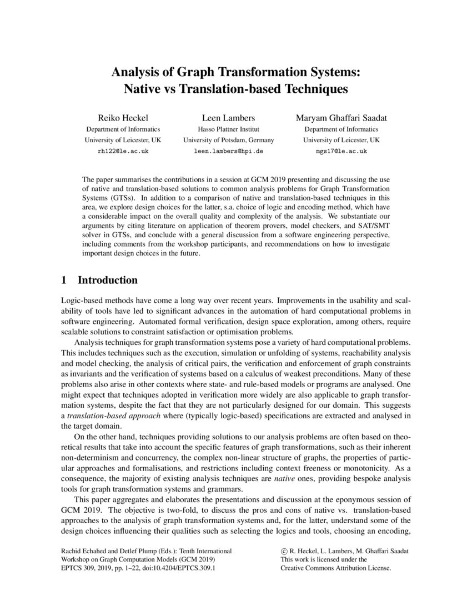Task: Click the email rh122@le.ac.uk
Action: pyautogui.click(x=123, y=151)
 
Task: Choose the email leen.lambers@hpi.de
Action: pyautogui.click(x=228, y=151)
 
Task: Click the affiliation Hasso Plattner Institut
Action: pyautogui.click(x=228, y=129)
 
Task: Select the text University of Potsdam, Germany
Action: pyautogui.click(x=228, y=140)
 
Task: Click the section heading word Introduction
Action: pyautogui.click(x=108, y=280)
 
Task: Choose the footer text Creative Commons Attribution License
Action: pyautogui.click(x=335, y=569)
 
